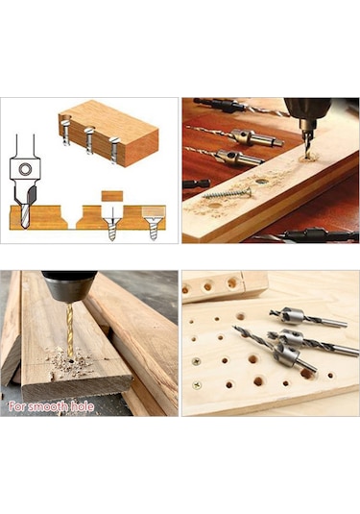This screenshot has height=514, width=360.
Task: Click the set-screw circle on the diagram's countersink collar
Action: [25, 169]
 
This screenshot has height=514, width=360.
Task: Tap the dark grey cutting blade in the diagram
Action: [31, 195]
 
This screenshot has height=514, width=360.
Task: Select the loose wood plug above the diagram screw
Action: [112, 196]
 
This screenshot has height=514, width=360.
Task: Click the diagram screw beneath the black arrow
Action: [112, 229]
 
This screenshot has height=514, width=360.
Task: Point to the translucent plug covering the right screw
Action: [154, 212]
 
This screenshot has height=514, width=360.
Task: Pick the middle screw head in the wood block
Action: [89, 131]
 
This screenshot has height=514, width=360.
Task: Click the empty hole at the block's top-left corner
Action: [65, 117]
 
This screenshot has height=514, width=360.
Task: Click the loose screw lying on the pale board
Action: [228, 193]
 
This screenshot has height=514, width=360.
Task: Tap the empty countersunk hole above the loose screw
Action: [261, 181]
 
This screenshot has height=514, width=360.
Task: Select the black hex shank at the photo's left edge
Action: [196, 184]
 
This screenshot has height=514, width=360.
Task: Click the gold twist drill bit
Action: [69, 330]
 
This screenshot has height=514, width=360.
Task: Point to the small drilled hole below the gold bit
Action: [71, 361]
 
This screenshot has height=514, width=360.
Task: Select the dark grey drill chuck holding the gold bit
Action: [69, 286]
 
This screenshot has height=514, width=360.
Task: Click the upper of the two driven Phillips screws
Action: [196, 361]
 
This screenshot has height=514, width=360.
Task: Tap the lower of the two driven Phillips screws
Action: [197, 385]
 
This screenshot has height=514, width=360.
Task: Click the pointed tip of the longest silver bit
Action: [234, 327]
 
